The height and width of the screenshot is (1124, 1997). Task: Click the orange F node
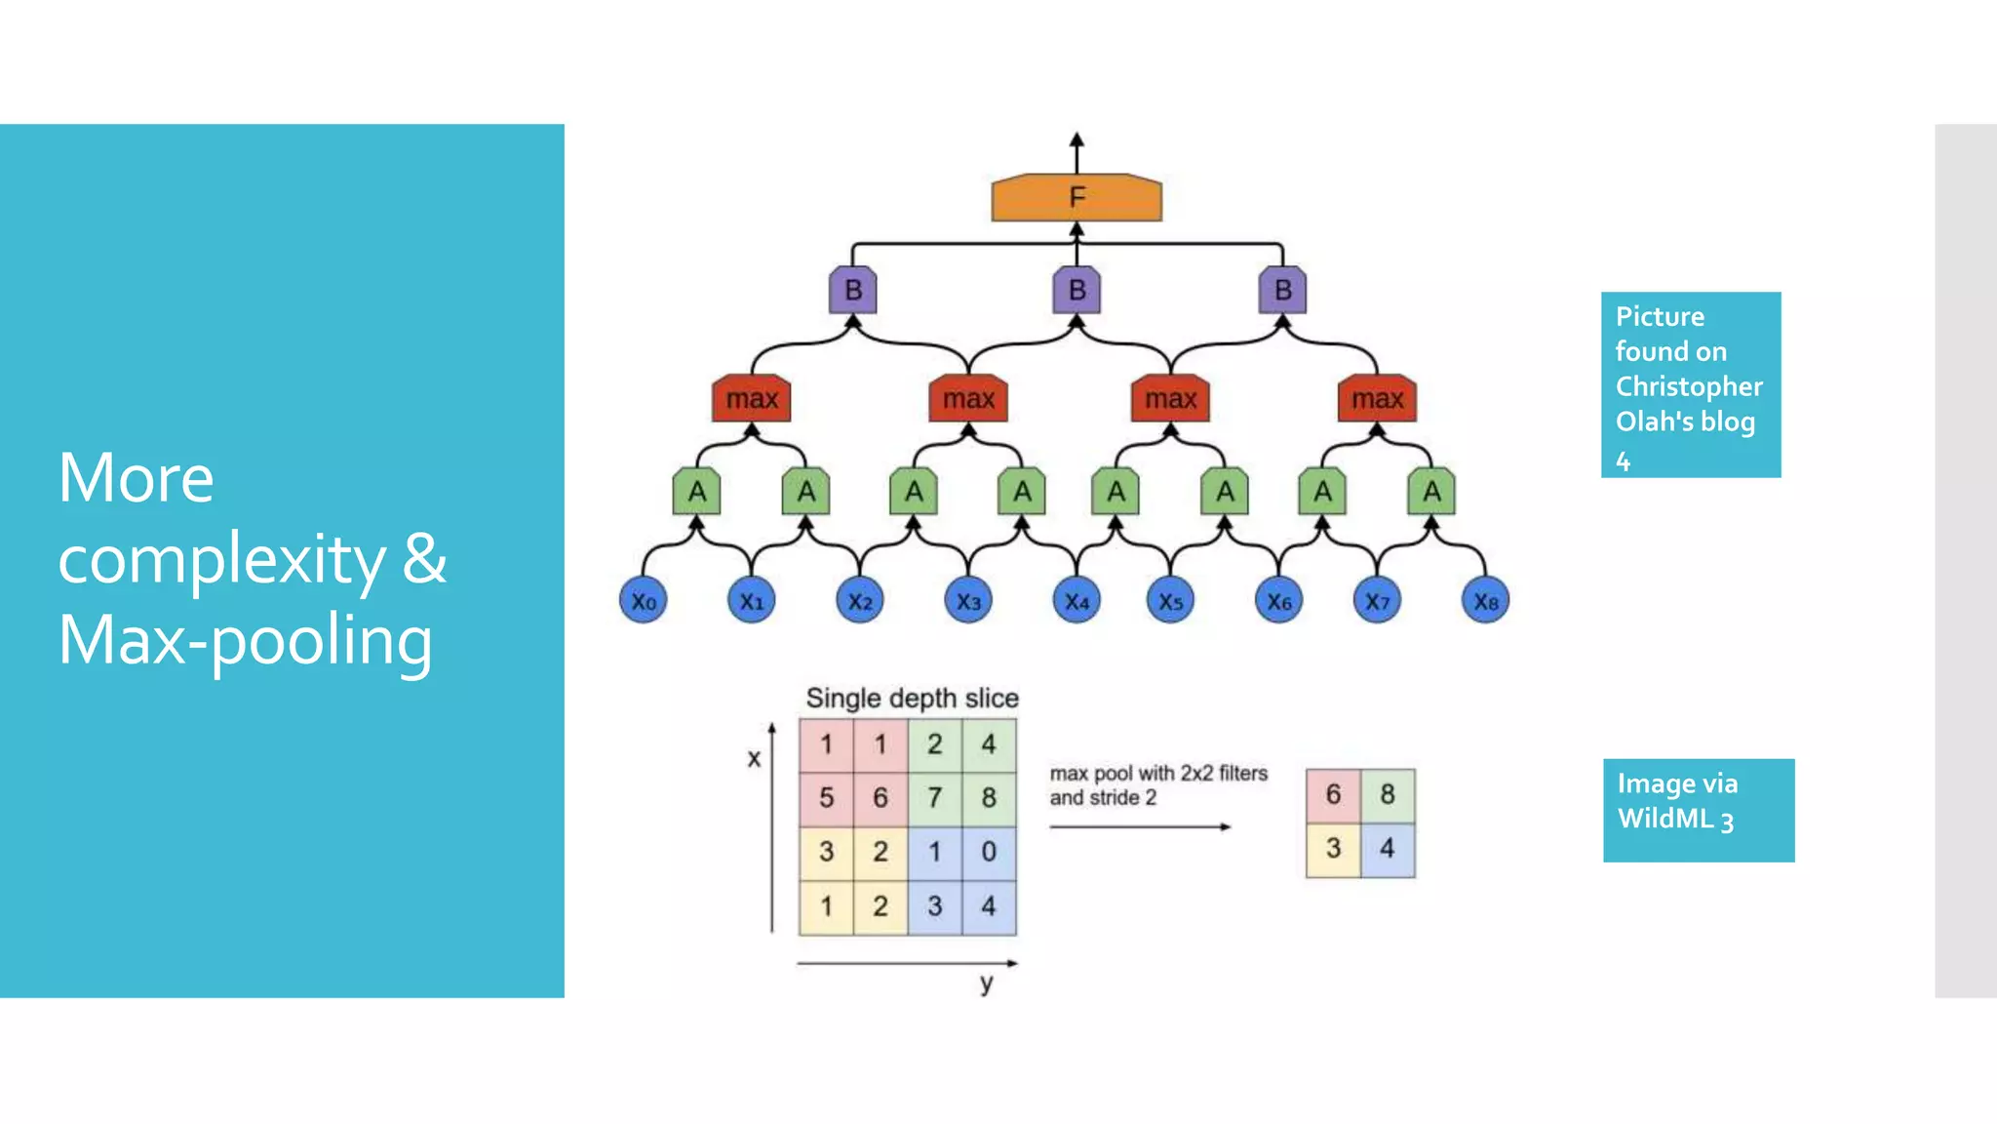(x=1077, y=198)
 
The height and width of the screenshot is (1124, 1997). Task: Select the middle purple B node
(x=1077, y=291)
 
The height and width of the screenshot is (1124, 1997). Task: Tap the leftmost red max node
(x=751, y=399)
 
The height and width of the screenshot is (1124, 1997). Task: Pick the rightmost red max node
(x=1376, y=399)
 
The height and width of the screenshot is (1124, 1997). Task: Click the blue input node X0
(x=643, y=601)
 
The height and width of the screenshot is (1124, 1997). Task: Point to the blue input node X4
(x=1077, y=601)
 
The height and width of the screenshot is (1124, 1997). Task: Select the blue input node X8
(x=1485, y=601)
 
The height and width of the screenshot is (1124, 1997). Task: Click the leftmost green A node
(x=696, y=492)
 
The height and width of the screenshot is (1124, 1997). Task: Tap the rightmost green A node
(x=1430, y=492)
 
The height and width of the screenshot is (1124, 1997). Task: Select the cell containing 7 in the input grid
(x=934, y=798)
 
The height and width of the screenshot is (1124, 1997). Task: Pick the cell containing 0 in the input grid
(x=989, y=852)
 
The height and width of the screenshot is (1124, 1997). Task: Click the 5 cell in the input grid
(x=826, y=798)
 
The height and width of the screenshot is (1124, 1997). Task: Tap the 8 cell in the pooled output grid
(x=1388, y=795)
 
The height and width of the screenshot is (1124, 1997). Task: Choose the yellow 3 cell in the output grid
(x=1333, y=849)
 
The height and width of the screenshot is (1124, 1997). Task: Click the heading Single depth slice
(x=912, y=699)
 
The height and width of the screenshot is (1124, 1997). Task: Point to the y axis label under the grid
(x=987, y=983)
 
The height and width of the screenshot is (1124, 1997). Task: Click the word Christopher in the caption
(x=1689, y=387)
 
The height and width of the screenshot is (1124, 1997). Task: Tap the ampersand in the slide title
(x=424, y=559)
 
